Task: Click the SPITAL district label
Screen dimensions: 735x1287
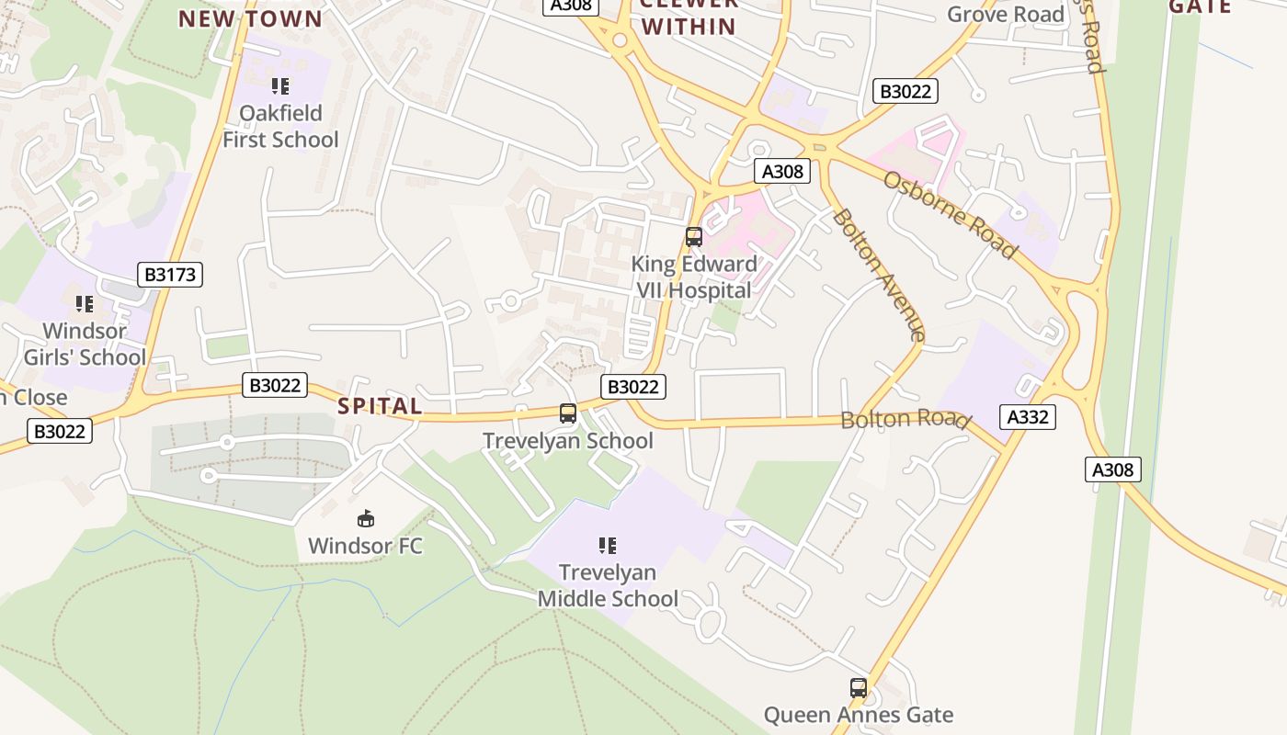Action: [x=380, y=406]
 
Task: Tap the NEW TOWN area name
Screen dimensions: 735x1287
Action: [x=250, y=18]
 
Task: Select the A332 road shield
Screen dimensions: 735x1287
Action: [x=1028, y=417]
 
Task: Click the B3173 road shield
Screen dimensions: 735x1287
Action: [x=169, y=274]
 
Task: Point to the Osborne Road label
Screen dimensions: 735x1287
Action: [x=950, y=214]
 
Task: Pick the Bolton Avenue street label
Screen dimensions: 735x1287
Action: [x=878, y=274]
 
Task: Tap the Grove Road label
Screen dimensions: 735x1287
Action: [x=1005, y=14]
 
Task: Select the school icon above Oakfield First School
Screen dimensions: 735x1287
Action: [x=280, y=87]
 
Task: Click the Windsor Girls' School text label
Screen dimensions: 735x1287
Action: [x=85, y=344]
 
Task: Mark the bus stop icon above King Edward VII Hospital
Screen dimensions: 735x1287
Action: [x=694, y=237]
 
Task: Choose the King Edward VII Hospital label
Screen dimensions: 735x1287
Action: [x=694, y=277]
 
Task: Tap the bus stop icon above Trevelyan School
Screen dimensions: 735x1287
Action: [x=568, y=413]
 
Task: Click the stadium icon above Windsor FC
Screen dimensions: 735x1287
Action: [x=366, y=519]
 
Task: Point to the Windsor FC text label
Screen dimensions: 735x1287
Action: [x=365, y=546]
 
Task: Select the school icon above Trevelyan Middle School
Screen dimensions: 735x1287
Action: [x=608, y=546]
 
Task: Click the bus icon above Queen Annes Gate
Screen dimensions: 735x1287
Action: [x=858, y=687]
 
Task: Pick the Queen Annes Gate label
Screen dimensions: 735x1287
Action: [x=858, y=715]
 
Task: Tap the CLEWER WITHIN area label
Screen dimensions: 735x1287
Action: [x=689, y=17]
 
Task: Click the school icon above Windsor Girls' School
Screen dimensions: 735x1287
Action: [x=85, y=303]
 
